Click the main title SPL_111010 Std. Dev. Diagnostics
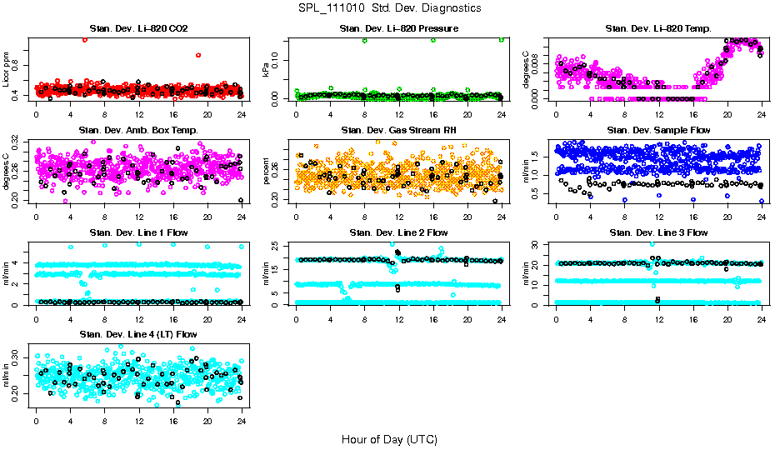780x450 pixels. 389,8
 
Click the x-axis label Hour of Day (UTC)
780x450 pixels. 389,438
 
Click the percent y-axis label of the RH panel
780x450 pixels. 267,172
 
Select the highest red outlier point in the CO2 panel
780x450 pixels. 85,40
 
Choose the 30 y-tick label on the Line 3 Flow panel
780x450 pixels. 538,244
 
